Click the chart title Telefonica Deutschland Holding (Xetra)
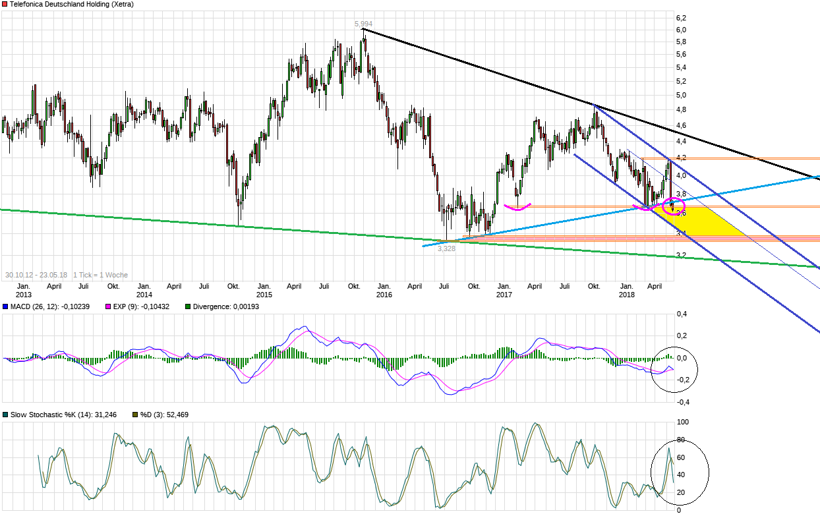[x=71, y=5]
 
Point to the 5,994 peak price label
[x=363, y=24]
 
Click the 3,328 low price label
[x=446, y=248]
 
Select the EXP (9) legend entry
[x=136, y=306]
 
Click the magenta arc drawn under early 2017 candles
[x=517, y=208]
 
